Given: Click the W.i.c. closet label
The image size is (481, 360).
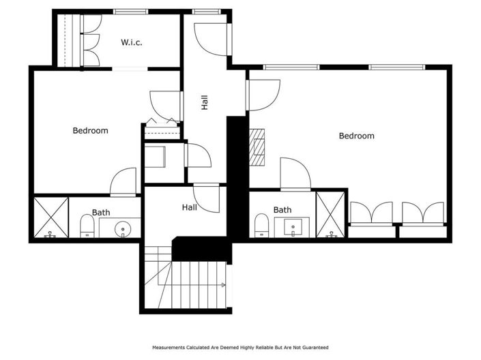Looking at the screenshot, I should [132, 42].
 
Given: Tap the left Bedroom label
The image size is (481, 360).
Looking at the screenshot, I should [90, 130].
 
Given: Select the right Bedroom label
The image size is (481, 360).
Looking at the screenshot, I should [356, 136].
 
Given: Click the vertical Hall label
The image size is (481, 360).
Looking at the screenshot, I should [204, 102].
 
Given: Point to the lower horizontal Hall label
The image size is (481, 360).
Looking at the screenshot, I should [189, 207].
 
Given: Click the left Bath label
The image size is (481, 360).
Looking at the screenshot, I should [101, 213].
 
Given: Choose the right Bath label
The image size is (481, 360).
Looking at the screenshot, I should [282, 210].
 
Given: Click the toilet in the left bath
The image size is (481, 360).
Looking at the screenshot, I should [87, 226].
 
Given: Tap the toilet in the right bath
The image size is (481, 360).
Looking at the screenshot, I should [261, 226].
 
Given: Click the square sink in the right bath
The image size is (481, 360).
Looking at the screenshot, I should [296, 228].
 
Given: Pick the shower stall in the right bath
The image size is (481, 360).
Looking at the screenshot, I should [331, 214].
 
